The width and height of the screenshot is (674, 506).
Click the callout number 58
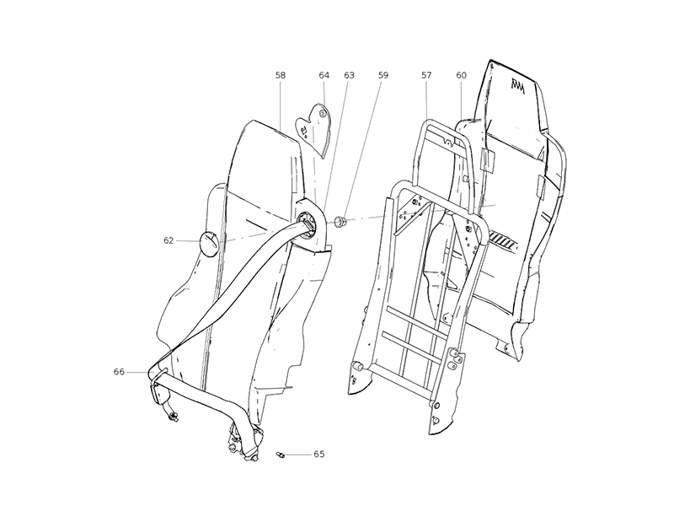point(281,75)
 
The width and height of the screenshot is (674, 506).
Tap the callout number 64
point(324,75)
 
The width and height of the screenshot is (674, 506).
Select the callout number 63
point(349,75)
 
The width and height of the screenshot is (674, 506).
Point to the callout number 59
point(383,75)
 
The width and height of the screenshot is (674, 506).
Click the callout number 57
point(426,75)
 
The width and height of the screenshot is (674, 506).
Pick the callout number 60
point(461,75)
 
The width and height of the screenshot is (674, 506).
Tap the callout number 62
point(168,240)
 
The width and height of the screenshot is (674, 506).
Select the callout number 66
point(119,371)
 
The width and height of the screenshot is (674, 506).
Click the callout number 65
point(319,454)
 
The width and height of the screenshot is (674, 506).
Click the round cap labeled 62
point(209,244)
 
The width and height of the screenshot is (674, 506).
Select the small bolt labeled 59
point(341,222)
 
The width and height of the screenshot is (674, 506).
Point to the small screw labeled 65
point(281,455)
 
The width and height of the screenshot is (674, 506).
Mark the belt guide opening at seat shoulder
point(308,224)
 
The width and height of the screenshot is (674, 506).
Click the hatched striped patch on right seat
point(504,240)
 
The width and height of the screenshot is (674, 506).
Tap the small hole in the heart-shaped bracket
point(322,114)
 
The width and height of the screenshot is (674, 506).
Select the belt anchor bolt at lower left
point(174,416)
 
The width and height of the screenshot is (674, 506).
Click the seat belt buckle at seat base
point(245,444)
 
